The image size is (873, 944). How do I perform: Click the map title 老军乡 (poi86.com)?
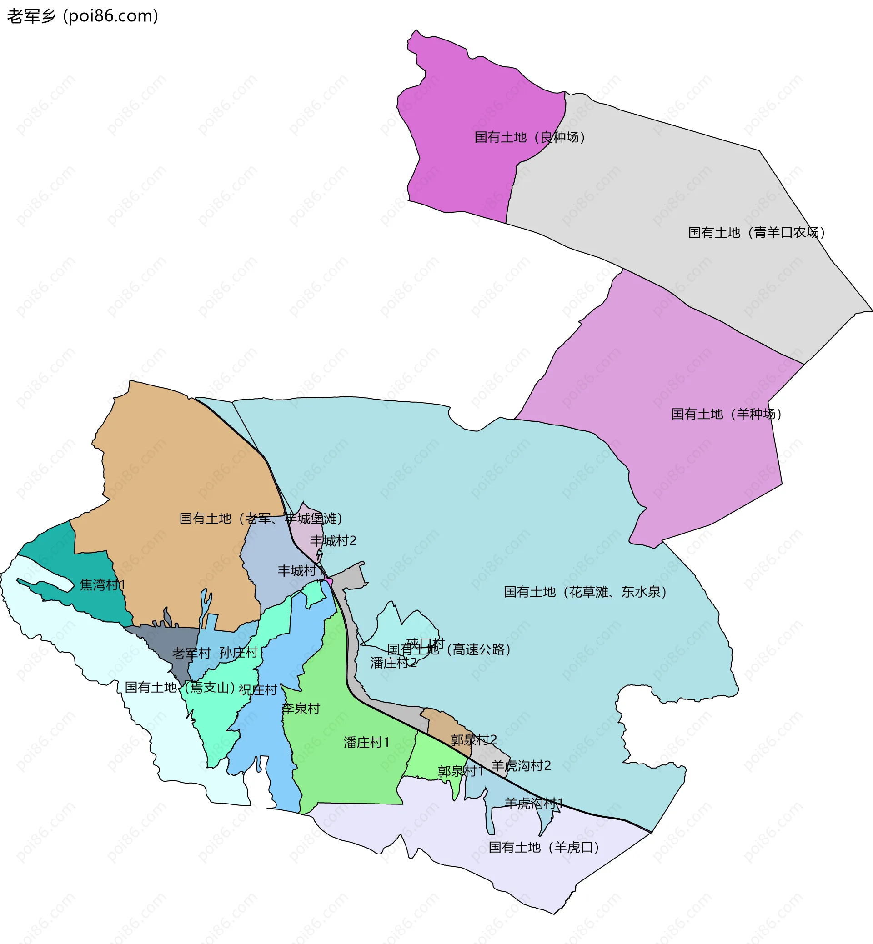83,16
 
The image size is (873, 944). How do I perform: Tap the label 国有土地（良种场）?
530,137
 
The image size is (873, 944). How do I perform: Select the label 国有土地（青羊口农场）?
756,233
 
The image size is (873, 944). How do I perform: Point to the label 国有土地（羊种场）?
726,414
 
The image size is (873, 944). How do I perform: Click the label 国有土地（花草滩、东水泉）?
585,592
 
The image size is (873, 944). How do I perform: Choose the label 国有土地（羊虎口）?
544,848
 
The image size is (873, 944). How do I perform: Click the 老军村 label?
191,654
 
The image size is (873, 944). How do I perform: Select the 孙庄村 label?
239,653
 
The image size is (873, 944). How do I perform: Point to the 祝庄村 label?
257,690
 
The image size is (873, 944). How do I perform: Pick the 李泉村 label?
301,709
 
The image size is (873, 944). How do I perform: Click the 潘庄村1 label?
366,743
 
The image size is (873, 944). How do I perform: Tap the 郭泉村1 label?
461,772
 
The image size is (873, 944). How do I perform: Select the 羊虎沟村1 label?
534,803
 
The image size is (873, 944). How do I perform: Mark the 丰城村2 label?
333,541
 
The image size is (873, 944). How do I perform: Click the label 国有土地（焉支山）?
180,688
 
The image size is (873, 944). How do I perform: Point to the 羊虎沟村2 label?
521,766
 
